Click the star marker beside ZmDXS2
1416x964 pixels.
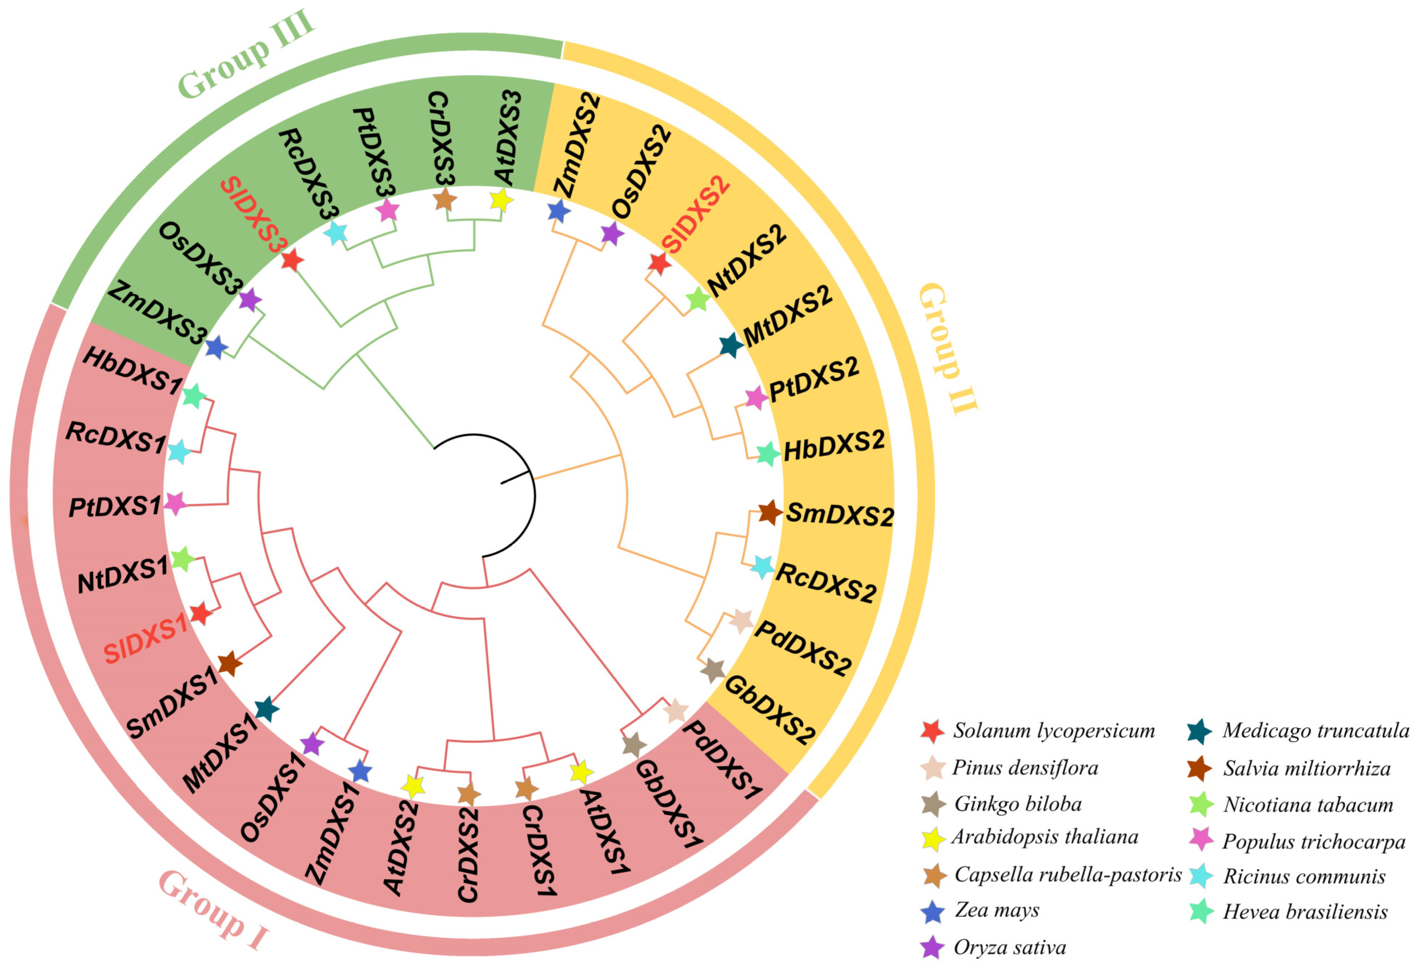click(x=559, y=212)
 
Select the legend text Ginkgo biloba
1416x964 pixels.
click(x=1018, y=804)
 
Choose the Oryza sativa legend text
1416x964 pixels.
click(x=1010, y=947)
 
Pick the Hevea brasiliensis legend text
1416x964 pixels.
click(x=1305, y=912)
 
